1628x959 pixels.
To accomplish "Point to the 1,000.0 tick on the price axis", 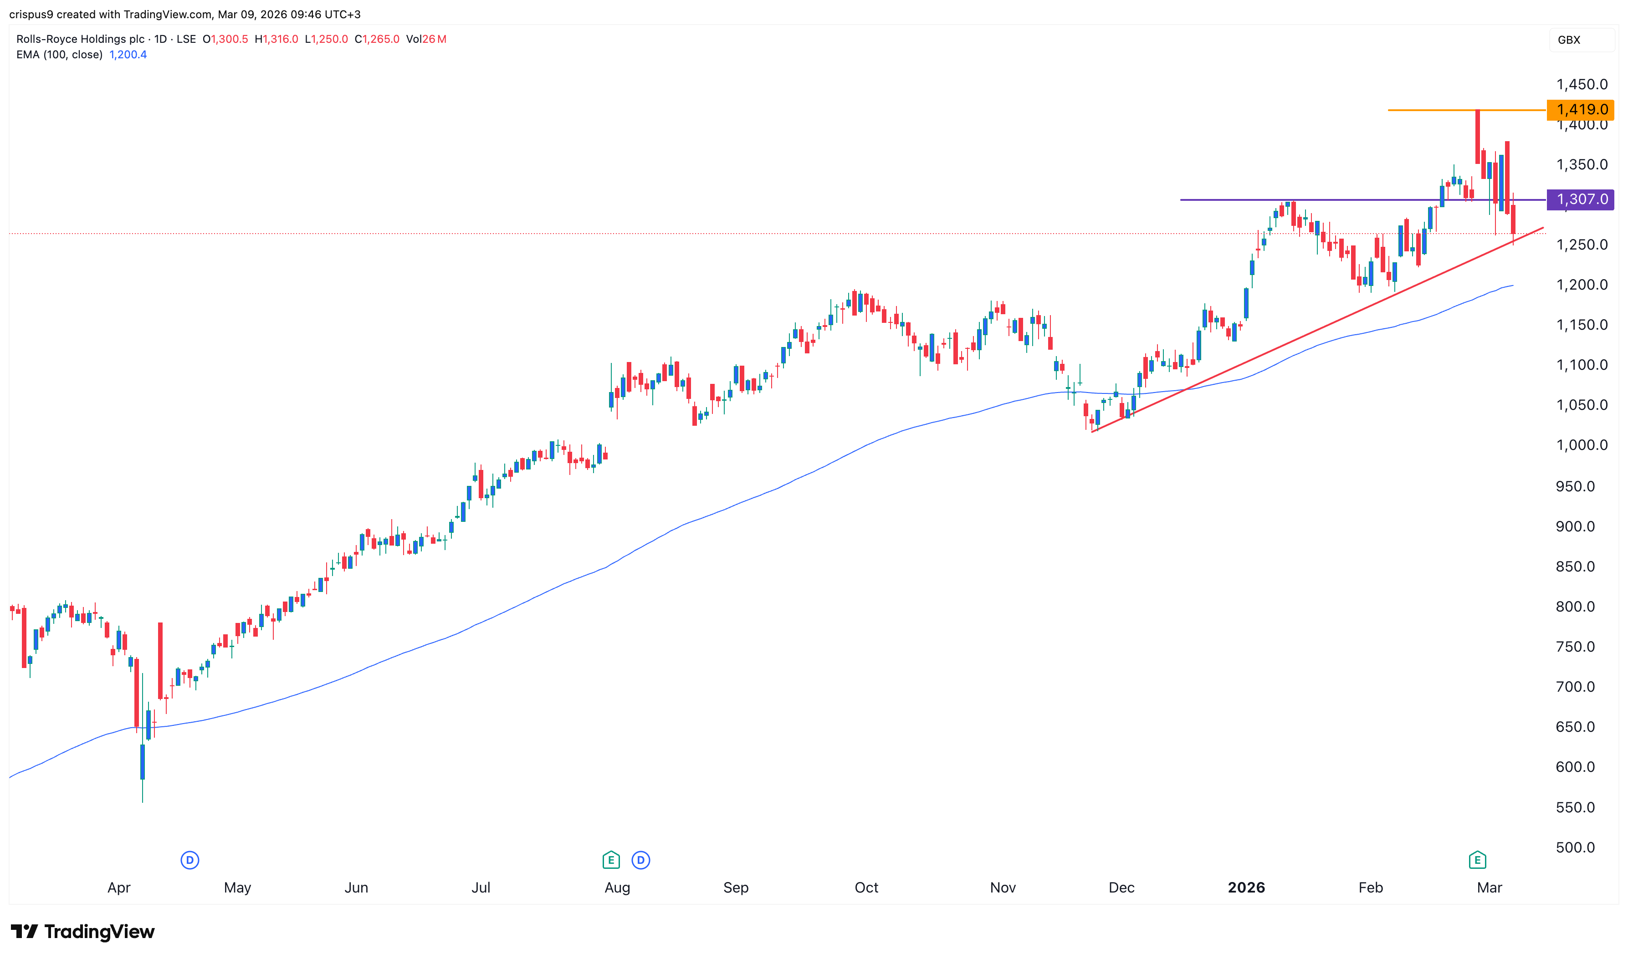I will [1581, 445].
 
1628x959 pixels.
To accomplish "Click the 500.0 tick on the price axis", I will [1575, 847].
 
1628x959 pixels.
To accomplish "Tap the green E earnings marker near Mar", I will [1477, 860].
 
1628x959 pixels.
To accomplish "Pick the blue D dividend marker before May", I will [189, 860].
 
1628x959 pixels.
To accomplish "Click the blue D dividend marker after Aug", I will [640, 860].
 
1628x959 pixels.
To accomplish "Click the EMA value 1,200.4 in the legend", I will [128, 55].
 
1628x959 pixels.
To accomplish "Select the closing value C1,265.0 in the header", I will [377, 40].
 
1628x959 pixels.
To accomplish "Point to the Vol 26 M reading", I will [426, 40].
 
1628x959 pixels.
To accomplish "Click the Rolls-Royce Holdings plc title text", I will [80, 40].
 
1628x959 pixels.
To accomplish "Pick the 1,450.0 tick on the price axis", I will [1581, 85].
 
